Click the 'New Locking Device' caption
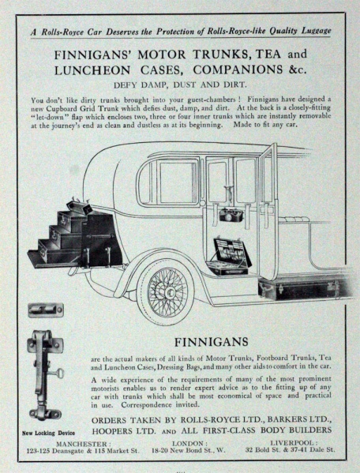48,434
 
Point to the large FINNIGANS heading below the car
212,342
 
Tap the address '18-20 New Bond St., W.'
189,450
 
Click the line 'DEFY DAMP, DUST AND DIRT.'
180,84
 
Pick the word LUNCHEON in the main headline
92,70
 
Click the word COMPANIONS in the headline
238,69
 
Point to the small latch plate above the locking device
46,310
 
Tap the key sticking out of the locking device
58,374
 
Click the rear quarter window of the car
168,182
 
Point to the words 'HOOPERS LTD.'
124,431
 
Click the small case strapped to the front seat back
230,215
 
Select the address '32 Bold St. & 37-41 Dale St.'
290,450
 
